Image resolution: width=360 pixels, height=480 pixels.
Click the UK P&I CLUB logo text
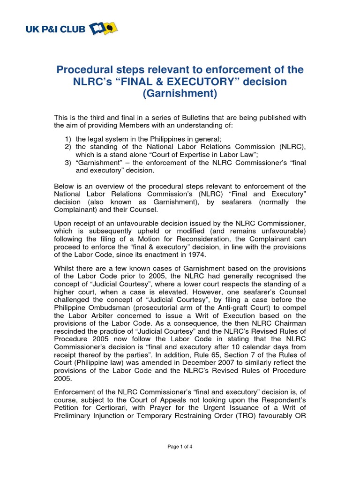click(x=55, y=30)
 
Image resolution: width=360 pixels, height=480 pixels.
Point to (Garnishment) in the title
click(x=180, y=94)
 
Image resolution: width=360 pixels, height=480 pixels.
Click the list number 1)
click(x=68, y=139)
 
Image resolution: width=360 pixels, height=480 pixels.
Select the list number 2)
click(x=68, y=147)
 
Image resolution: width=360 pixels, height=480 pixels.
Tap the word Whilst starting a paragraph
click(x=65, y=268)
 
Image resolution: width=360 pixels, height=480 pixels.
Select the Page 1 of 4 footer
click(x=180, y=447)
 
